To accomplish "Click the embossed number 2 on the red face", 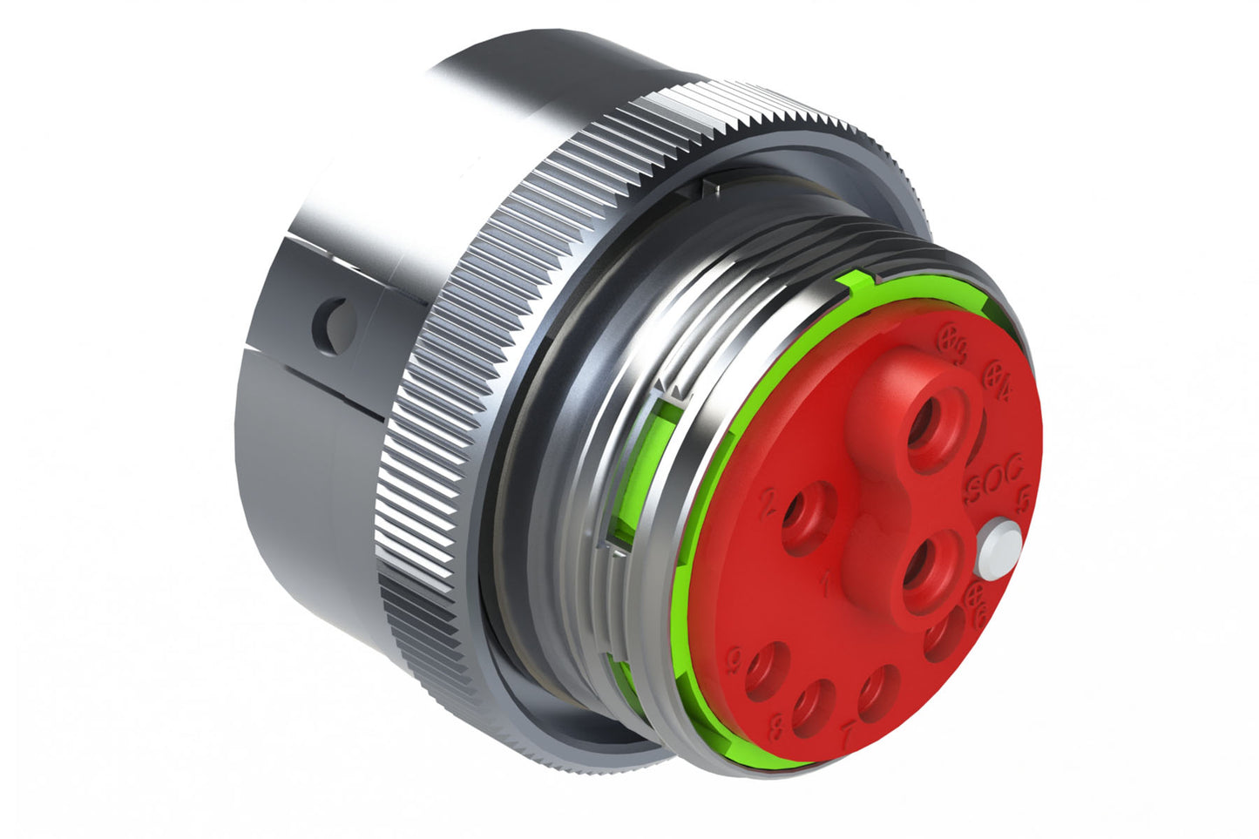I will pyautogui.click(x=769, y=504).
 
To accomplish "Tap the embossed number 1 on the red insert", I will pyautogui.click(x=826, y=582).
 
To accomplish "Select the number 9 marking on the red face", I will pyautogui.click(x=734, y=661).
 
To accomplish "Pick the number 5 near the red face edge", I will pyautogui.click(x=1025, y=499).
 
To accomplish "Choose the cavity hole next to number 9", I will pyautogui.click(x=765, y=672).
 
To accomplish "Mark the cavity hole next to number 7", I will pyautogui.click(x=878, y=692).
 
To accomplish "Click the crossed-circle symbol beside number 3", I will pyautogui.click(x=951, y=336).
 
